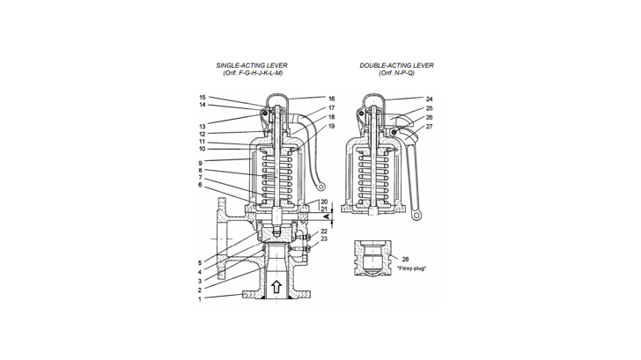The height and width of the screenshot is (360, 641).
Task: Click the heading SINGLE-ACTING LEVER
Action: coord(251,66)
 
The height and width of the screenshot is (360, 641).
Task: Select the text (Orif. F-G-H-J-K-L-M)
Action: coord(251,73)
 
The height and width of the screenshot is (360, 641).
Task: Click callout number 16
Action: coord(307,99)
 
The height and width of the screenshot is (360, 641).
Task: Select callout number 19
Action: coord(307,126)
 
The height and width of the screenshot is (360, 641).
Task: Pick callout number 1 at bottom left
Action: coord(202,299)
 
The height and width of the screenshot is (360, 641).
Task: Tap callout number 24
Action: coord(429,99)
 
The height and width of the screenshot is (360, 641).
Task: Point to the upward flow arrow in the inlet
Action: coord(278,287)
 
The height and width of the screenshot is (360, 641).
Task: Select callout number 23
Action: coord(324,239)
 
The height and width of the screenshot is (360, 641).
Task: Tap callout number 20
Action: coord(324,201)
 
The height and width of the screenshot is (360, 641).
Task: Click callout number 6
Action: coord(202,185)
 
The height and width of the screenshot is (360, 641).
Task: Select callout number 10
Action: coord(202,149)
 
